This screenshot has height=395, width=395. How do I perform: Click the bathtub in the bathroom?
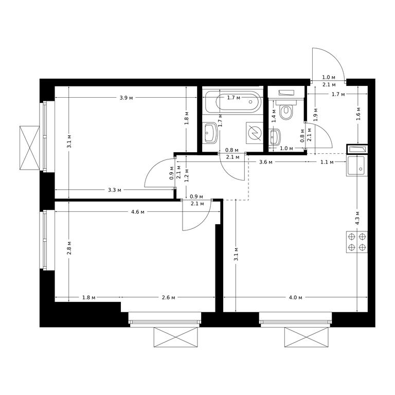233,102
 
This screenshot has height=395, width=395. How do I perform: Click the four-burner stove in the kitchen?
357,242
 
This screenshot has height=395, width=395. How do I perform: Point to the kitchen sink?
357,166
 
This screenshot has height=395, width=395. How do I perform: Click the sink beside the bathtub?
210,133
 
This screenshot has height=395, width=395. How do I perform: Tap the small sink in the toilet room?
275,137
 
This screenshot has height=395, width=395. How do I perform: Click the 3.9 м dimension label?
126,98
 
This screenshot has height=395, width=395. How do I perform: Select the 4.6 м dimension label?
138,212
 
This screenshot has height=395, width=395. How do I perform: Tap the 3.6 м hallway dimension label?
266,162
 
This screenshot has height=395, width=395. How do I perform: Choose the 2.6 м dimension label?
168,297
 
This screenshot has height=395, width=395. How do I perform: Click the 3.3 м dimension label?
115,190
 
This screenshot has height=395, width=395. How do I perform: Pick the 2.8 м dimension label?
69,247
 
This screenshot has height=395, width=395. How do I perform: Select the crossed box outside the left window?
30,148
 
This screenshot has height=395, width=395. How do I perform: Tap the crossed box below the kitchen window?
307,337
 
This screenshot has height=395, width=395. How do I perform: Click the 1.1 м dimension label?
327,162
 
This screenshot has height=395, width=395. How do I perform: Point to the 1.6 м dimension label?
358,113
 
